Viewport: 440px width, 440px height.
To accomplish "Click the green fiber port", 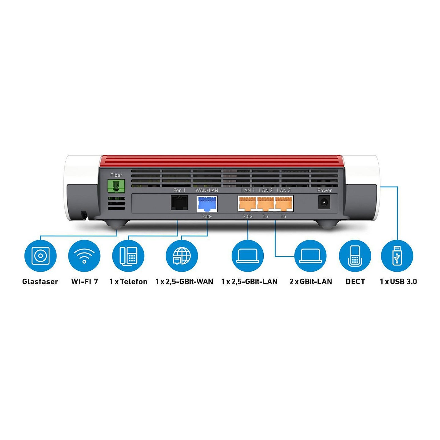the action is click(116, 186).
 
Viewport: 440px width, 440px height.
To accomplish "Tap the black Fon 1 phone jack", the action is click(179, 202).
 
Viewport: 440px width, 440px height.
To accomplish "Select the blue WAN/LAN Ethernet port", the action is click(207, 204).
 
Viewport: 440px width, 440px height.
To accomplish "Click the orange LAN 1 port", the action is click(247, 204).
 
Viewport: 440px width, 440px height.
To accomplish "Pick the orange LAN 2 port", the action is click(266, 204).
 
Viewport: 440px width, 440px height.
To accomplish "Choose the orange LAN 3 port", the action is click(284, 204).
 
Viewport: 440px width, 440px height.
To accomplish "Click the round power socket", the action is click(324, 202).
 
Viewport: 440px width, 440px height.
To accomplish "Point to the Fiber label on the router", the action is click(116, 175).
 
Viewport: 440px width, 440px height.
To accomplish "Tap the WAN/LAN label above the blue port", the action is click(207, 190).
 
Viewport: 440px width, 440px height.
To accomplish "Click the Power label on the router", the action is click(324, 190).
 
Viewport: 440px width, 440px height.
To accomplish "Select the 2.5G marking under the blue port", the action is click(207, 216).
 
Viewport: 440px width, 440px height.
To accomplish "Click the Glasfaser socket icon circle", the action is click(40, 255).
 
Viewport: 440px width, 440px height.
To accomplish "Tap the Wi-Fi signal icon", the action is click(84, 255).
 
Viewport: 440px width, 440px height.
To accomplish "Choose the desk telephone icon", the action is click(128, 255).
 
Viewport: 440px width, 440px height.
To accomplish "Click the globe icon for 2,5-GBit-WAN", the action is click(182, 255).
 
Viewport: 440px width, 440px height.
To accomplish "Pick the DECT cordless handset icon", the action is click(355, 255).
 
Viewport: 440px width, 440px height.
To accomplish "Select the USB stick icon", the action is click(397, 255).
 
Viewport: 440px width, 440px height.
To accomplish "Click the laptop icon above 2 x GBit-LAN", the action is click(310, 255).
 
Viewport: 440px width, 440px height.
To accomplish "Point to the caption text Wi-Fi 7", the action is click(84, 281).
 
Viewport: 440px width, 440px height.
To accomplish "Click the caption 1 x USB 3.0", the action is click(398, 281).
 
